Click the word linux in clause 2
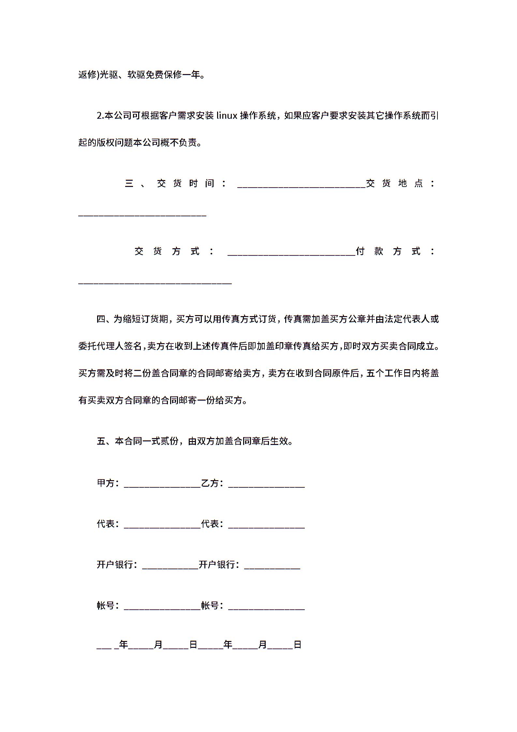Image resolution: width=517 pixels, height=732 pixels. click(x=227, y=115)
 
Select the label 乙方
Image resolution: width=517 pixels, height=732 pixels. click(x=210, y=483)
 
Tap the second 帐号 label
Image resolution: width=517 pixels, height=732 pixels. click(x=210, y=605)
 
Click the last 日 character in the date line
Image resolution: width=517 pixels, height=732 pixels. click(x=297, y=645)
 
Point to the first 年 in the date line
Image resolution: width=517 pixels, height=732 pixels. click(x=124, y=645)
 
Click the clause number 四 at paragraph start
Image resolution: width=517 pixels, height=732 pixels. click(x=101, y=319)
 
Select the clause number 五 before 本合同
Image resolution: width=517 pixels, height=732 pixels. click(x=101, y=441)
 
